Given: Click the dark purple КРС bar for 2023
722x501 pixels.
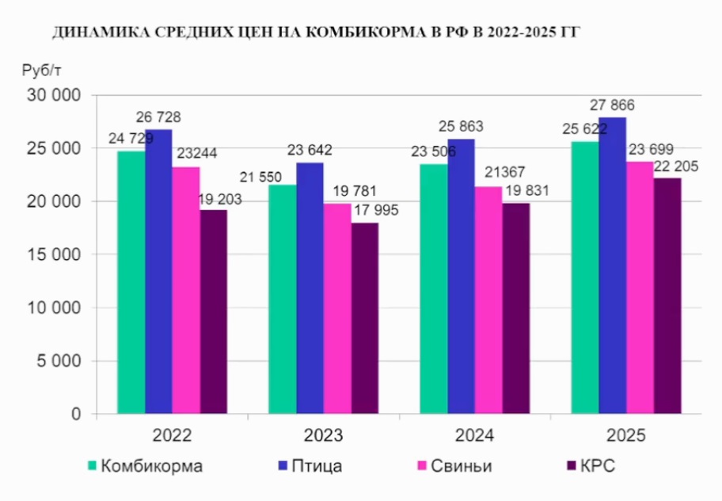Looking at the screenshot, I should [x=365, y=317].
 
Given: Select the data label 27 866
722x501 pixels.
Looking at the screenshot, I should [x=613, y=105].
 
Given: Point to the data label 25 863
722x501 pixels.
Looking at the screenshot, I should [x=461, y=127].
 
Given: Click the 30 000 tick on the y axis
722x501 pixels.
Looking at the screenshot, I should [x=55, y=95].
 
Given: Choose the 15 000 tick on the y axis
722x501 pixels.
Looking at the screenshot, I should [x=55, y=254].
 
